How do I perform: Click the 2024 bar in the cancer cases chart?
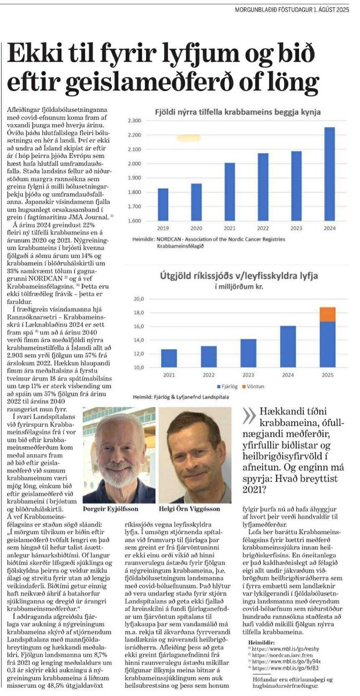[329, 174]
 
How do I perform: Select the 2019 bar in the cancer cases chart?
[163, 204]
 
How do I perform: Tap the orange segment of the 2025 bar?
[328, 314]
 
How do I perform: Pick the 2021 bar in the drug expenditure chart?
[169, 358]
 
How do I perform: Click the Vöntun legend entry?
[253, 386]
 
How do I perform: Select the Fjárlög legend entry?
[227, 386]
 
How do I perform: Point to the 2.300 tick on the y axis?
[134, 121]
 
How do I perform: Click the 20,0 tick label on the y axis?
[139, 299]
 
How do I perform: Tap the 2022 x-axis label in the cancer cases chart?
[263, 229]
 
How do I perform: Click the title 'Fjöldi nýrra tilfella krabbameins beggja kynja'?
[238, 112]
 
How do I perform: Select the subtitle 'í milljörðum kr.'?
[238, 287]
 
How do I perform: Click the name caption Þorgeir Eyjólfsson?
[111, 509]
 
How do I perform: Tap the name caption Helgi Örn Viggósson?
[189, 509]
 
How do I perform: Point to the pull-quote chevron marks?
[249, 416]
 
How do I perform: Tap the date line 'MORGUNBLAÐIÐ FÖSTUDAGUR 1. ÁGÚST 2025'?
[292, 10]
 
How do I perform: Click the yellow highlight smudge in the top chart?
[189, 138]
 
